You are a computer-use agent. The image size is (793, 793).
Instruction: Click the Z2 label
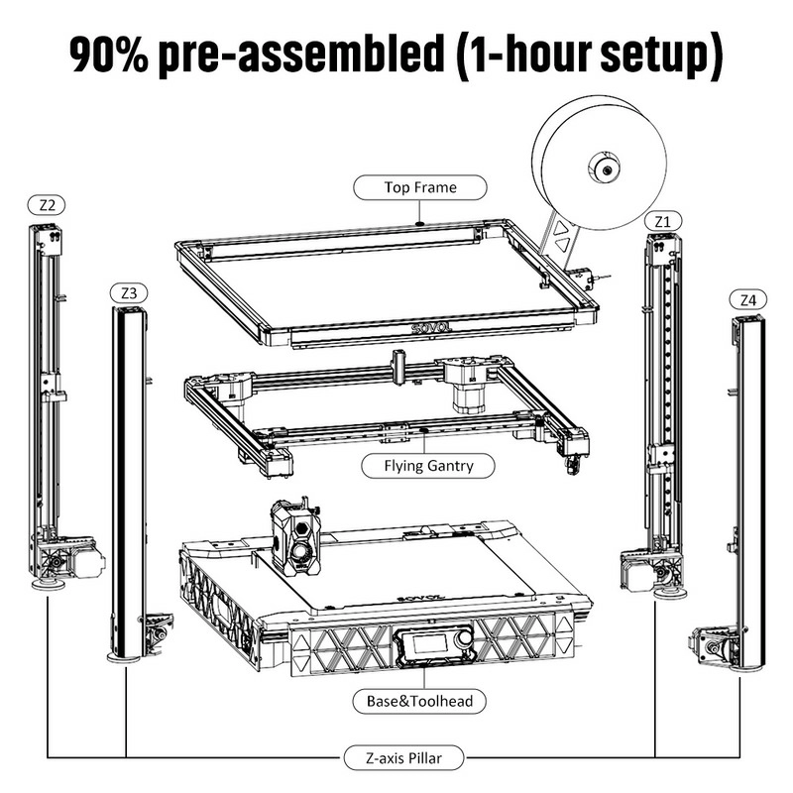point(47,205)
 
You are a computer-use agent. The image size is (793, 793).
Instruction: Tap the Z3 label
point(130,292)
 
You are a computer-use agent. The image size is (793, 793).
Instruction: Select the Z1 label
point(662,219)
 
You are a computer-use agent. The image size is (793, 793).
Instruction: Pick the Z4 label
point(747,298)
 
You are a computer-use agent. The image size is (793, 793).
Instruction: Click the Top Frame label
point(420,185)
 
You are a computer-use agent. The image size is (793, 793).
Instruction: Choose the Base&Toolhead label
point(421,701)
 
